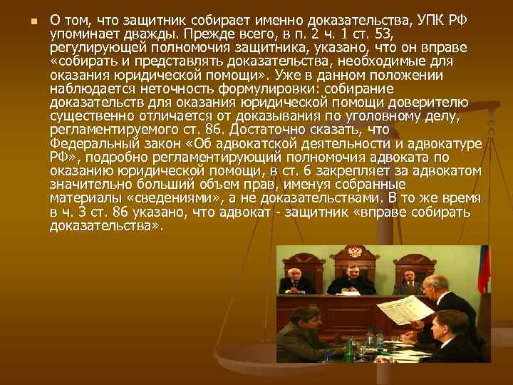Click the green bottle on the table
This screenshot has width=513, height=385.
[x=351, y=349]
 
